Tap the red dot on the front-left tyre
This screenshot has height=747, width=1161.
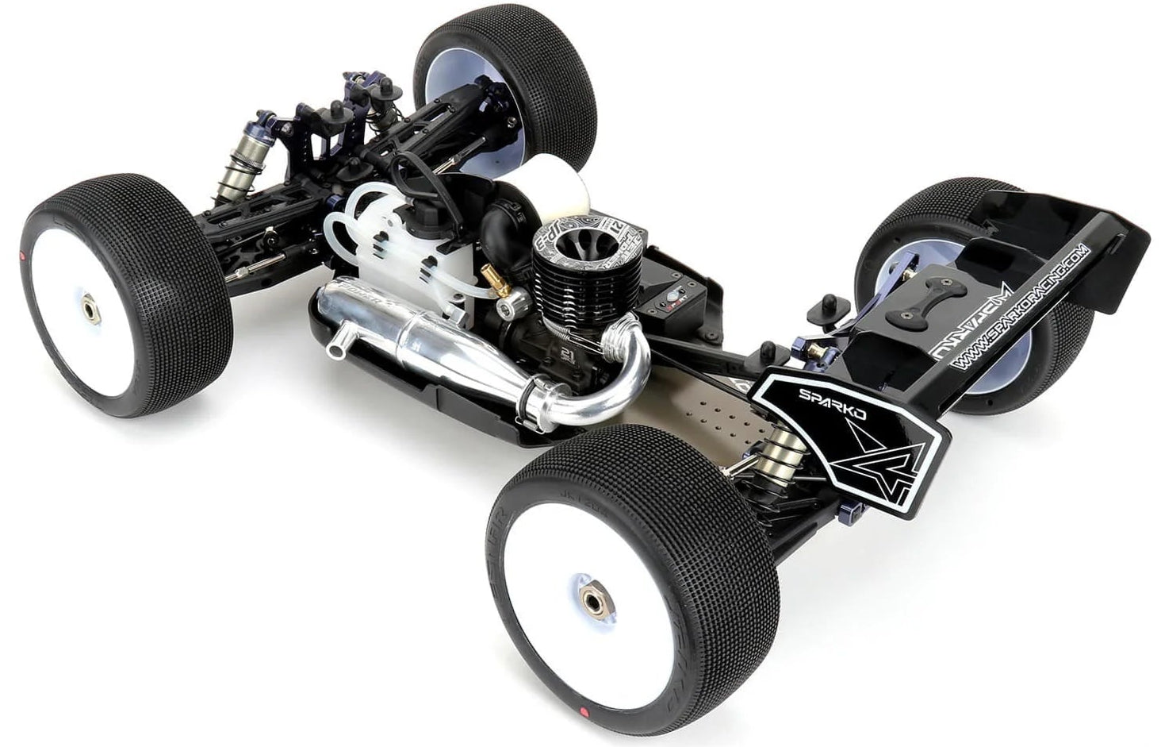coord(21,255)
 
